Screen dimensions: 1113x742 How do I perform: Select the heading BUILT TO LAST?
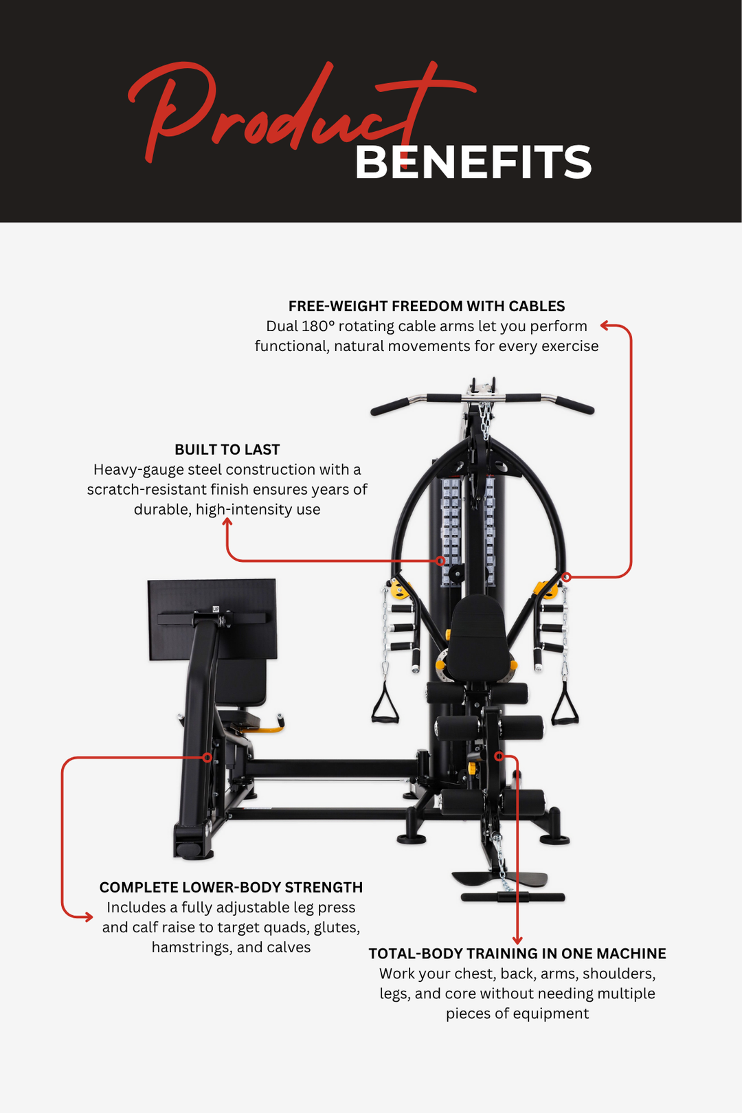tap(227, 449)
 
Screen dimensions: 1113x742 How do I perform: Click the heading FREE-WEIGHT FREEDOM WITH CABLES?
tap(426, 306)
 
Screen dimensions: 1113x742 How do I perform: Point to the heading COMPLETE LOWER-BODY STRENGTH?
tap(231, 887)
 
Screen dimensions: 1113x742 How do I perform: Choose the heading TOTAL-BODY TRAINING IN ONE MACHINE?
tap(517, 954)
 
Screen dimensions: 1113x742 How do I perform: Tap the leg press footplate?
tap(212, 618)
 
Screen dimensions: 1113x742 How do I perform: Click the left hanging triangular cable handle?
tap(385, 704)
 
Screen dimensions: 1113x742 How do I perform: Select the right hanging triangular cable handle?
tap(565, 704)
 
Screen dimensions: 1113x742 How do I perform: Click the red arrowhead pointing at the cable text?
tap(605, 326)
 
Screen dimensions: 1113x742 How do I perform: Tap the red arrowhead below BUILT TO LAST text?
tap(227, 523)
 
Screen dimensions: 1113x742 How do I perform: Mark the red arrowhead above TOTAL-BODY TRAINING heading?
tap(517, 939)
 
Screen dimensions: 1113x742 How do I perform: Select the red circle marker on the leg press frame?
tap(207, 758)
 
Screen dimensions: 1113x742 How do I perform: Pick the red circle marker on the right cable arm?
tap(566, 576)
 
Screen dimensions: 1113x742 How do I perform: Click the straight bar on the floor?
tap(513, 897)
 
